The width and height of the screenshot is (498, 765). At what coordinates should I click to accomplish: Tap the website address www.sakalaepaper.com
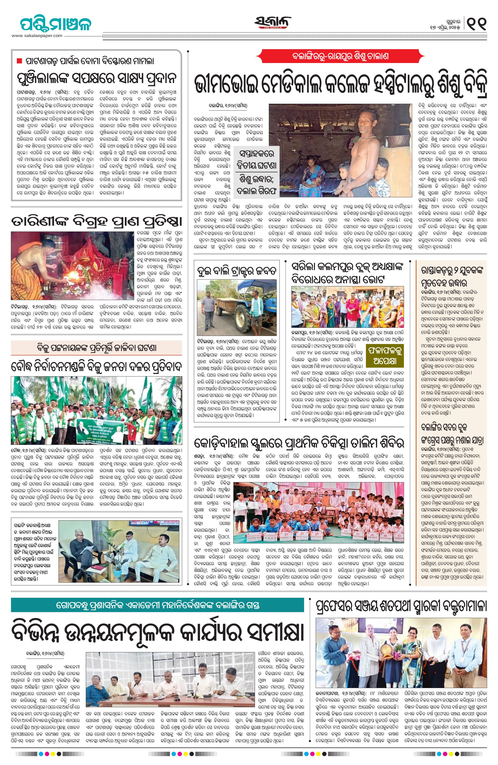[x=37, y=36]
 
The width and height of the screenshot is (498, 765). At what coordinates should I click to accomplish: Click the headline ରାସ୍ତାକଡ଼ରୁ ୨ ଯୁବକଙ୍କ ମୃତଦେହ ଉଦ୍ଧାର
[x=451, y=276]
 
